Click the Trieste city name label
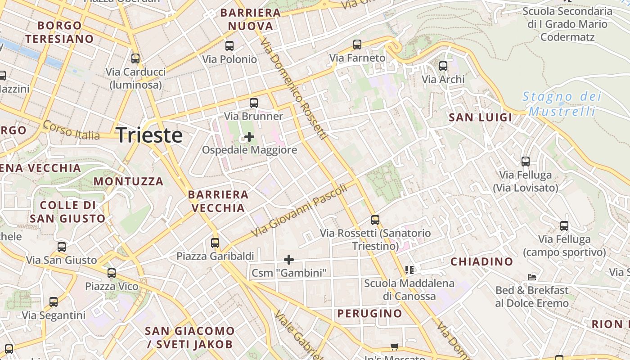[149, 135]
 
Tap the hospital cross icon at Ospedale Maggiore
[249, 136]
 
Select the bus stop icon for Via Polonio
[229, 45]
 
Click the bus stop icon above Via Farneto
[357, 45]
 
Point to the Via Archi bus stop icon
[443, 66]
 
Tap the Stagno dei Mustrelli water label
[562, 103]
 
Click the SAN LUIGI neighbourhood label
[481, 117]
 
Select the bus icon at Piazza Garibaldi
[215, 243]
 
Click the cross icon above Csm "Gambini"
[289, 259]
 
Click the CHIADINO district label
[481, 261]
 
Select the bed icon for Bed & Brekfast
[532, 277]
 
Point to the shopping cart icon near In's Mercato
[395, 346]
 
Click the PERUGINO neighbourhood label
[370, 313]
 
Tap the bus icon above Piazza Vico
[112, 273]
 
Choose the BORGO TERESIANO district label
[59, 32]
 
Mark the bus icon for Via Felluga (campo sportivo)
[564, 226]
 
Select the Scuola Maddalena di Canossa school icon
[409, 270]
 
